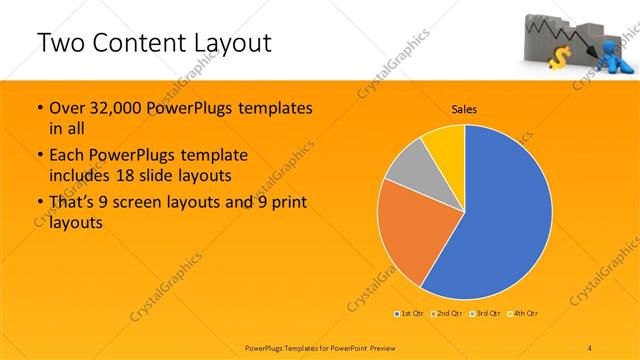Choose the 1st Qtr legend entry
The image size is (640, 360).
[x=410, y=314]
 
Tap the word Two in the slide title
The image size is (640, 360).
[x=62, y=43]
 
